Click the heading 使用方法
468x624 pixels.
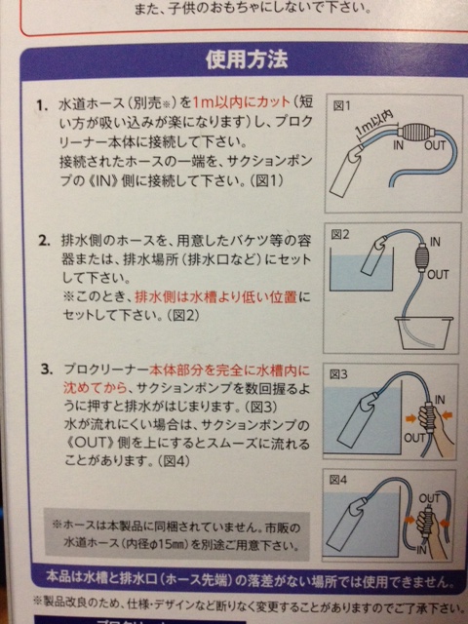click(247, 60)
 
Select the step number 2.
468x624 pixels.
click(44, 241)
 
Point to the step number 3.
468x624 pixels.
click(46, 370)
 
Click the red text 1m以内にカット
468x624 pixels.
click(241, 102)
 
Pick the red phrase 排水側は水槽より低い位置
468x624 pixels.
click(215, 297)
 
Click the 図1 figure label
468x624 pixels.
click(341, 106)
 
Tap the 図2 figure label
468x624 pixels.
click(339, 234)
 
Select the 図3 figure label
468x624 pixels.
click(338, 374)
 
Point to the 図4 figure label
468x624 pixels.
click(338, 481)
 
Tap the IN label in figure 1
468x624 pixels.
click(398, 146)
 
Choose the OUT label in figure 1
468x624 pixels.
click(435, 146)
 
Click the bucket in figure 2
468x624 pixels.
click(423, 332)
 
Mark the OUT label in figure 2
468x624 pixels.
click(438, 275)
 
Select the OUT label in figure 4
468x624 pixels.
click(429, 498)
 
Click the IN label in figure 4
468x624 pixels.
click(421, 550)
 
